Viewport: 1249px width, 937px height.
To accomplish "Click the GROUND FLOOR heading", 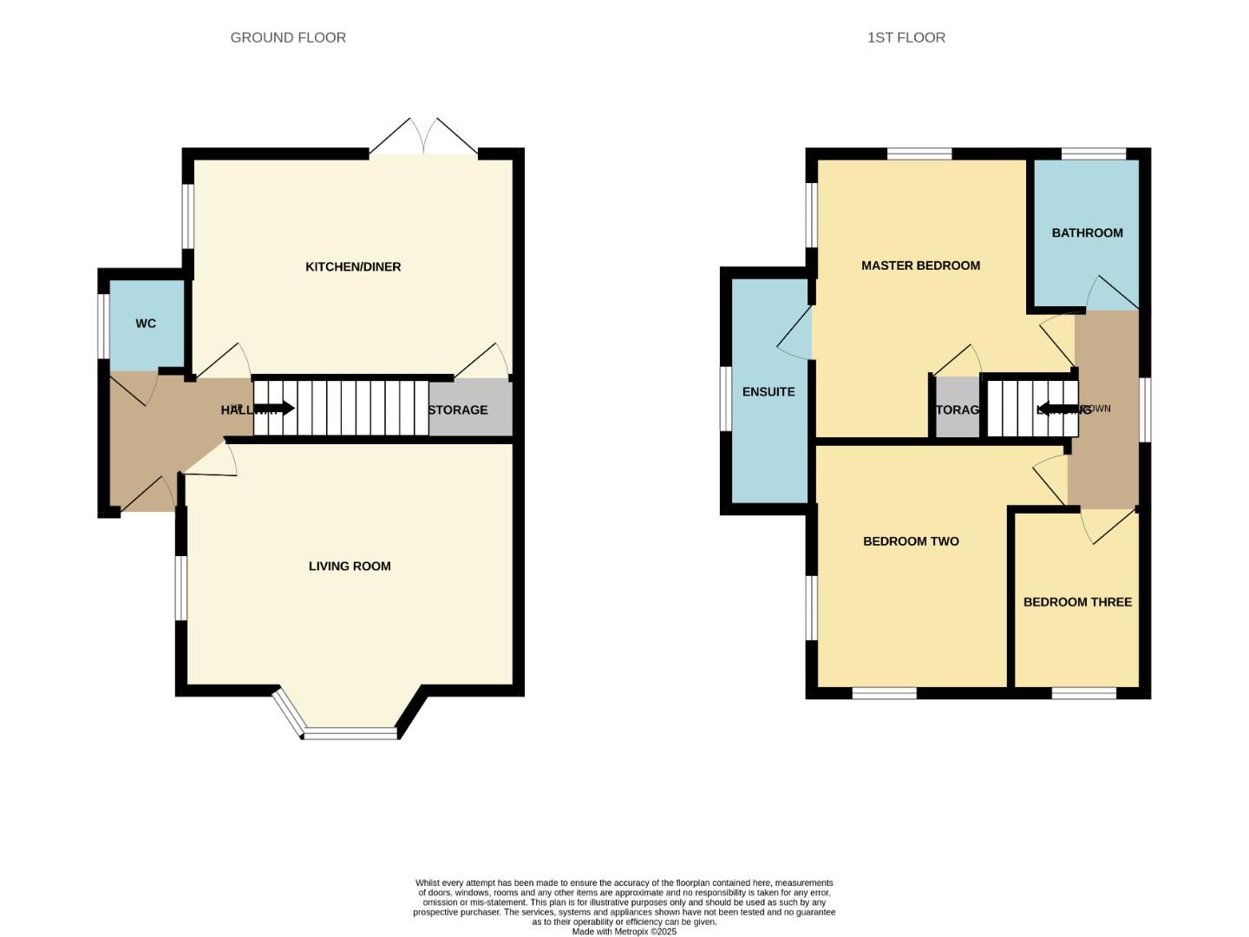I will pos(288,37).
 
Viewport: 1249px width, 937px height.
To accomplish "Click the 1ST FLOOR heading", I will pos(906,37).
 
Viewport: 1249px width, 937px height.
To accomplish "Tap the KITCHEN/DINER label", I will pos(353,266).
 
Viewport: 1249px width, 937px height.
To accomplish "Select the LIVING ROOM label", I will pos(350,566).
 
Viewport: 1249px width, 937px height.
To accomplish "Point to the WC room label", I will pos(146,324).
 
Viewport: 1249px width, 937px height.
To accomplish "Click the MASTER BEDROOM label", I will pos(920,265).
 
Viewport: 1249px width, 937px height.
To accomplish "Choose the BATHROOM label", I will pos(1087,233).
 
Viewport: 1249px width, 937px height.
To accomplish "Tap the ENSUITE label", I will pos(768,391).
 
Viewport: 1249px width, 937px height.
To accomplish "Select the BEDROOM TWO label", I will pos(911,541).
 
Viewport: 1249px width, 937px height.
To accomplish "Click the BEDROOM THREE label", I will pos(1077,602).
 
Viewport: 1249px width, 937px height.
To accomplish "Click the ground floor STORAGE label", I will pos(458,410).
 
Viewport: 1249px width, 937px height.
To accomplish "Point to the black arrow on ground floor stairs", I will pos(275,409).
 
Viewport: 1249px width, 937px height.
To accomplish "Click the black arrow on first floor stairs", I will pos(1056,409).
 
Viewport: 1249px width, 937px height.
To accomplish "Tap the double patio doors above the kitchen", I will pos(424,137).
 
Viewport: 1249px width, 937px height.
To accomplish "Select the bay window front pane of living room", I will pos(350,733).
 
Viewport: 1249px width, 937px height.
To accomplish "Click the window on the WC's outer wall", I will pos(102,325).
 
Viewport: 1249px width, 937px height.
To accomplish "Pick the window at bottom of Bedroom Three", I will pos(1084,693).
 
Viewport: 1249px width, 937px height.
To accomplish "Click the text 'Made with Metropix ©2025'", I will pos(624,931).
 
